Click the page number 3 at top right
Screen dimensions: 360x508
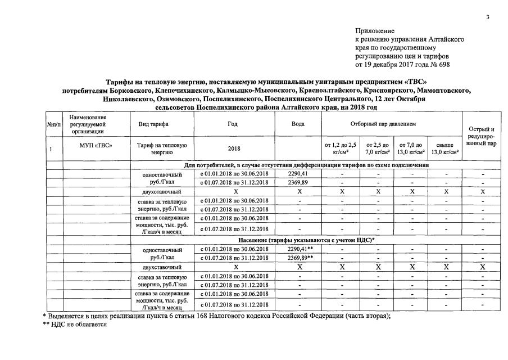(488, 17)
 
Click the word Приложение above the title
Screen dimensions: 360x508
(375, 31)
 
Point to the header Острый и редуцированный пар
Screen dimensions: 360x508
(482, 137)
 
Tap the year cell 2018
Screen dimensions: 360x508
(233, 149)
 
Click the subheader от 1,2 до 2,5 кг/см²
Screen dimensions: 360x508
(341, 148)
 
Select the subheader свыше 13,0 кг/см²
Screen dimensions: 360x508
(444, 148)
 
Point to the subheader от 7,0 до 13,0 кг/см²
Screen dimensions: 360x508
(410, 148)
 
